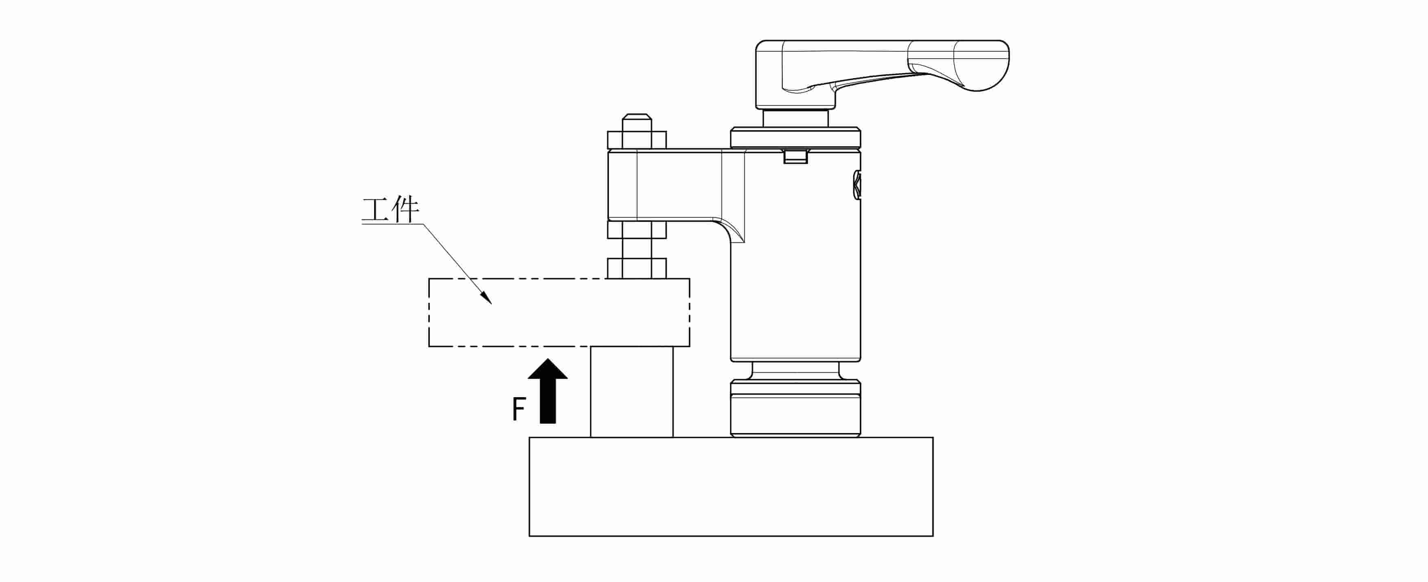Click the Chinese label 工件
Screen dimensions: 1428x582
point(390,211)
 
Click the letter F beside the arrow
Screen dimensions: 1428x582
point(518,409)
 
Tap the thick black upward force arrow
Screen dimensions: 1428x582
point(548,391)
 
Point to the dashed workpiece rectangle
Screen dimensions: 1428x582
point(559,313)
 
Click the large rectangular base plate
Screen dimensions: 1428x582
point(731,487)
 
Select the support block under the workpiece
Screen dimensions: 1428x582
point(631,392)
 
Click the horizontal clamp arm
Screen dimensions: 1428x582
point(676,185)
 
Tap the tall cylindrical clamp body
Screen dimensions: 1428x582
point(795,255)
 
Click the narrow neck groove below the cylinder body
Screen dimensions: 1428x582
point(795,371)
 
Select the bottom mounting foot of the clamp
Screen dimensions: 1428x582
point(795,409)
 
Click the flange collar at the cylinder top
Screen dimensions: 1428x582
point(795,138)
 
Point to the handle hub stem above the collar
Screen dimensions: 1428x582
point(795,118)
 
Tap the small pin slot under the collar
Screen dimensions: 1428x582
point(795,156)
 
